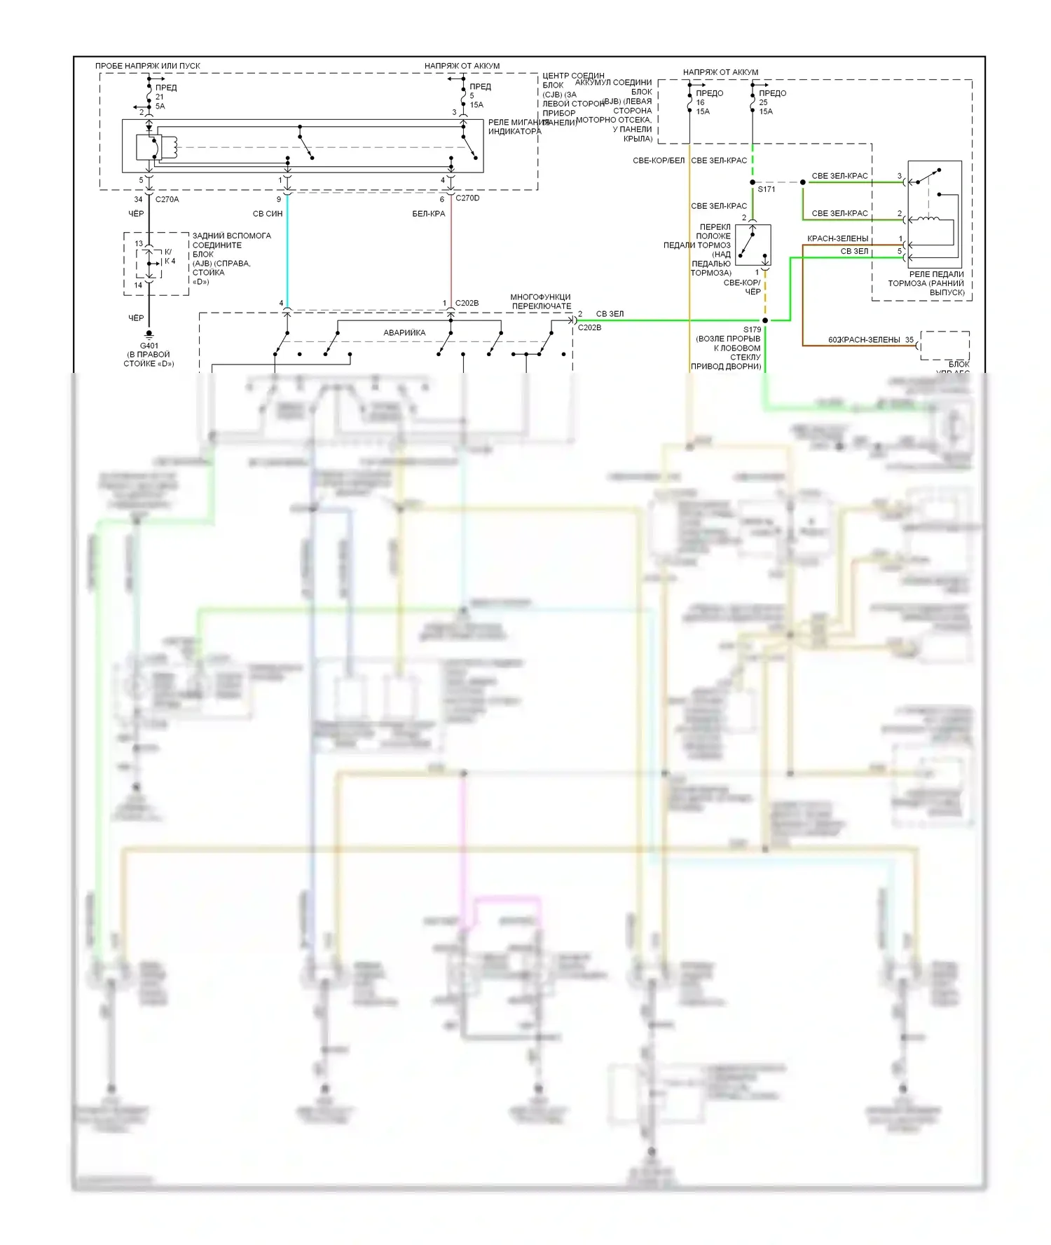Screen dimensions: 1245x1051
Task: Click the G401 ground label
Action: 149,346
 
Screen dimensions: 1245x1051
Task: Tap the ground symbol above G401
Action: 149,336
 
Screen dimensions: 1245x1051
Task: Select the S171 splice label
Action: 767,189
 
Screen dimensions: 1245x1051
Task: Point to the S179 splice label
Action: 752,329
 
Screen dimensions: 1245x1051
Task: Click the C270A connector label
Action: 167,200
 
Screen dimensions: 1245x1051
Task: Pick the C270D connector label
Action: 467,198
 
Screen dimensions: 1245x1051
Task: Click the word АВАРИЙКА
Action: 404,333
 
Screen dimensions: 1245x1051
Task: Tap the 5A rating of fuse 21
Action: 160,107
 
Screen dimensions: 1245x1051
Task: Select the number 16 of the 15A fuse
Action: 700,102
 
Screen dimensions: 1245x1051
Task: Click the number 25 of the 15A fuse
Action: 763,102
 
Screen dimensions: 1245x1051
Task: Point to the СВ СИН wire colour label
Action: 268,214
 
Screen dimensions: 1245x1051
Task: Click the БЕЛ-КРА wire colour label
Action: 429,214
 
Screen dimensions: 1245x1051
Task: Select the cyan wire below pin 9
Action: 287,252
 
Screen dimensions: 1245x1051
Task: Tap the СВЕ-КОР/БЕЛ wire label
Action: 659,161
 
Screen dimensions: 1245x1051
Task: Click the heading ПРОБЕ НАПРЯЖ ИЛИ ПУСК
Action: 148,66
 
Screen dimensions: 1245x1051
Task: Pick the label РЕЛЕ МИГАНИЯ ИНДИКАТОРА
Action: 514,127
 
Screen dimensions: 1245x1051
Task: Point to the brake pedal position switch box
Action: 753,245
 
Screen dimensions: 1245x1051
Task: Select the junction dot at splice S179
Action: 765,320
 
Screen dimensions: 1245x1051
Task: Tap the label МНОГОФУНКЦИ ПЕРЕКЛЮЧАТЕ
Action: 541,301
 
